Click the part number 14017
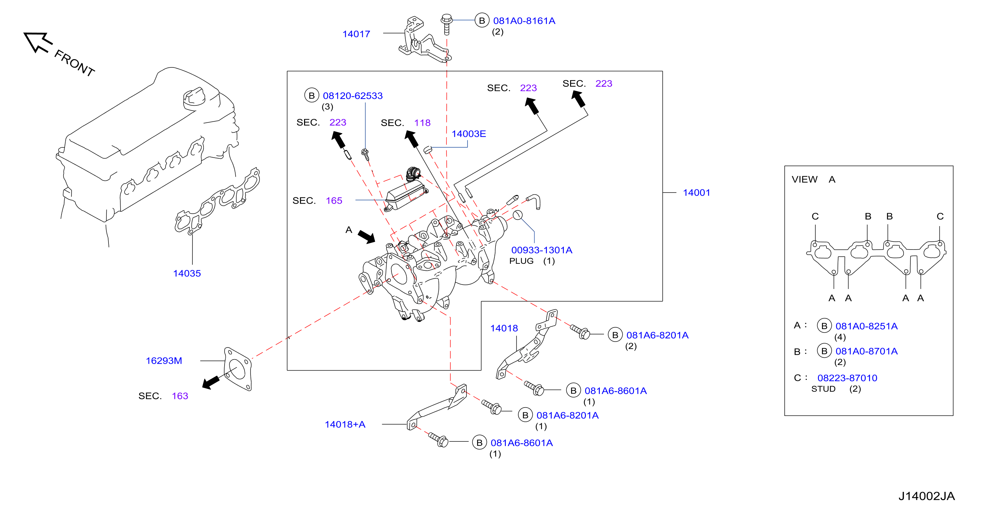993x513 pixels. coord(356,34)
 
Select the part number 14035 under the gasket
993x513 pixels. coord(187,273)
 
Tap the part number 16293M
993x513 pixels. coord(164,361)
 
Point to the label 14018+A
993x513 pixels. coord(345,424)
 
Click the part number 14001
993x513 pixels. coord(697,193)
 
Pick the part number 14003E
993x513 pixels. coord(469,134)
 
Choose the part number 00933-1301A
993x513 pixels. coord(542,250)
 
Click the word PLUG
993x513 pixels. coord(521,261)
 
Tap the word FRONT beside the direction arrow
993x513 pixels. coord(74,63)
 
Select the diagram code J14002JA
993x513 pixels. coord(927,496)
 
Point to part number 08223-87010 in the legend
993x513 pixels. coord(847,378)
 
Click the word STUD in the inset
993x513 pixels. coord(823,389)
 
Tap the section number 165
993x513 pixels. coord(334,200)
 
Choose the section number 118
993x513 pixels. coord(422,123)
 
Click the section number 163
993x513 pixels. coord(180,396)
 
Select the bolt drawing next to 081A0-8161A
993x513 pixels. coord(446,24)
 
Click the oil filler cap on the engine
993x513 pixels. coord(194,97)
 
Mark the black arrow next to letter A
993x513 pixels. coord(366,237)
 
